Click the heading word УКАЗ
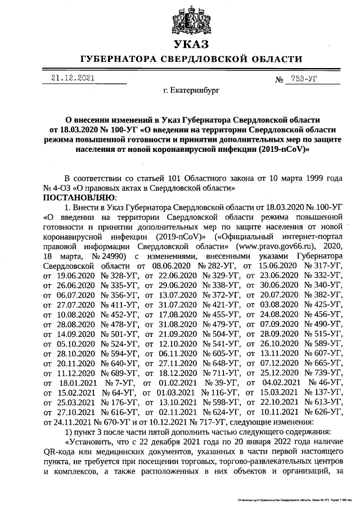point(191,44)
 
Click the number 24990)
point(115,256)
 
